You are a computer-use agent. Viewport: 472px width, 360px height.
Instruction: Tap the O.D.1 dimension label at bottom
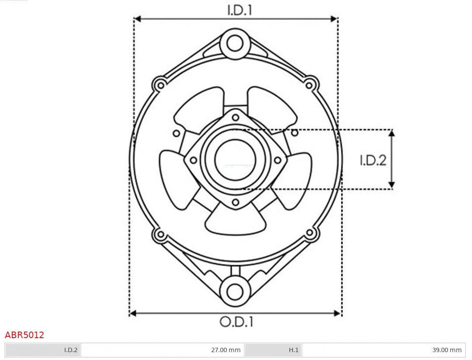[236, 322]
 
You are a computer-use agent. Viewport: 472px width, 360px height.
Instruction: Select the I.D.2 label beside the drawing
[373, 161]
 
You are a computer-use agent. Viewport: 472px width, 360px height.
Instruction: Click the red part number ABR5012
[24, 335]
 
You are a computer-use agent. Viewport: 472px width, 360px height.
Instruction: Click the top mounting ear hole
[235, 43]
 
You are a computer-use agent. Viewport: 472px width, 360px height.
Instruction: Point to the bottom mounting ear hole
[235, 291]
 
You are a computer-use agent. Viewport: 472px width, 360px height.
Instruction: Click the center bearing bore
[235, 159]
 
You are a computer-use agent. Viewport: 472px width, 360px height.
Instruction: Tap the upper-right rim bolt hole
[310, 84]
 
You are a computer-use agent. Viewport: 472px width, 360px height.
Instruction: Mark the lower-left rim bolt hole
[160, 234]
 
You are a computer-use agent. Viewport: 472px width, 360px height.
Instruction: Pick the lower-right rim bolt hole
[310, 233]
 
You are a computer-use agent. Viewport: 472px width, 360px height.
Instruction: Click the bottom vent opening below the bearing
[236, 221]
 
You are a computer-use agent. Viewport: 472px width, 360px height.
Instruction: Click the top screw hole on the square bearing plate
[236, 117]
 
